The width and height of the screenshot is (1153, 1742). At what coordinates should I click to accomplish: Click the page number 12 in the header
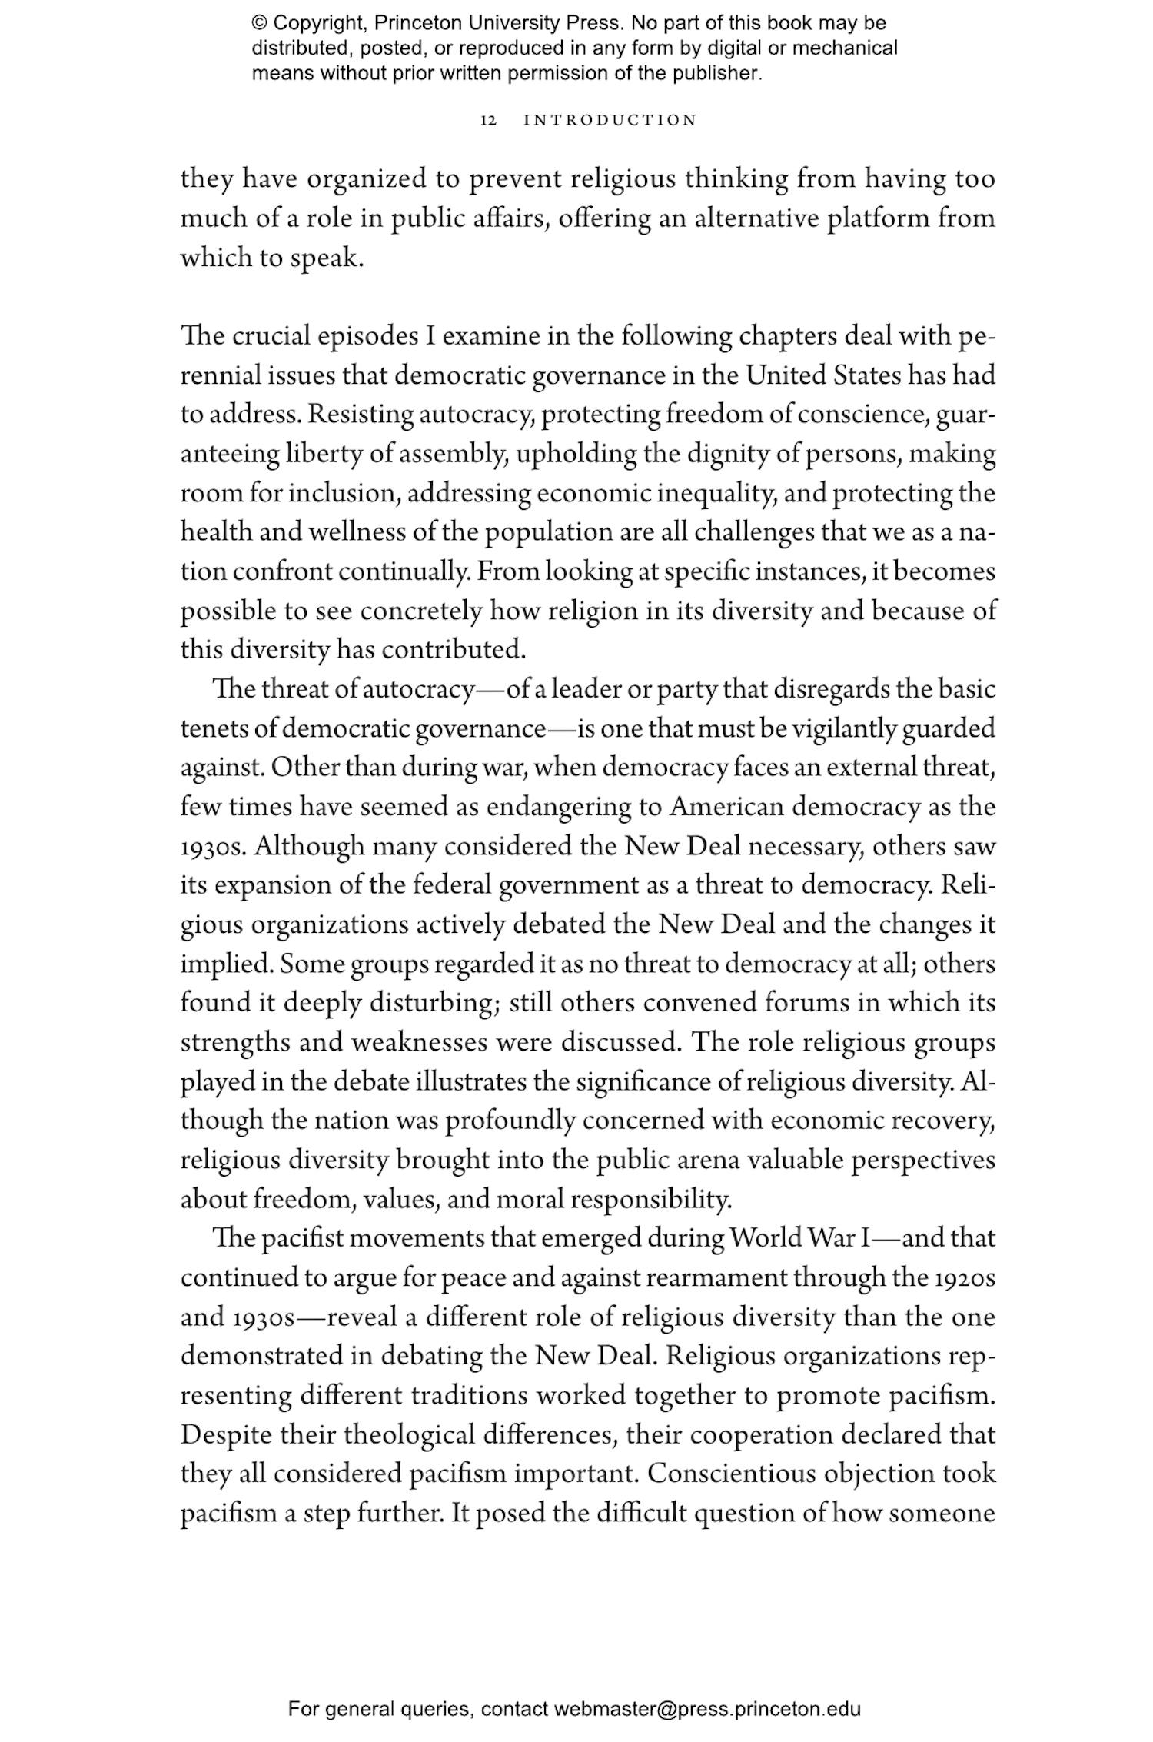click(x=489, y=121)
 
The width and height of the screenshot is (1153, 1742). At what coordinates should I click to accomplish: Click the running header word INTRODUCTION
click(x=610, y=121)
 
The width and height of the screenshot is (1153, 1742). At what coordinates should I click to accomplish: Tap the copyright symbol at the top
click(x=259, y=23)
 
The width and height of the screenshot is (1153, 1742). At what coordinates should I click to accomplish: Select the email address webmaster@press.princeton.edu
click(x=706, y=1709)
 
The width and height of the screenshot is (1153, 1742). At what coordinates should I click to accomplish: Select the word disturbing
click(x=436, y=1003)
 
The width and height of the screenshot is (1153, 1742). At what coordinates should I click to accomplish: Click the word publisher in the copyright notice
click(x=722, y=74)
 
